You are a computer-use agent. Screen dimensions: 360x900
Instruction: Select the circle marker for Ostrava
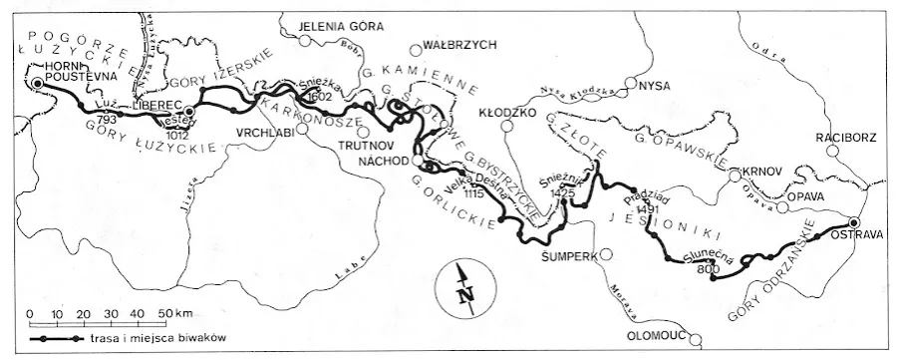click(854, 222)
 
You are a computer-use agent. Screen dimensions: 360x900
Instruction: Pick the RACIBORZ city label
click(848, 137)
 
